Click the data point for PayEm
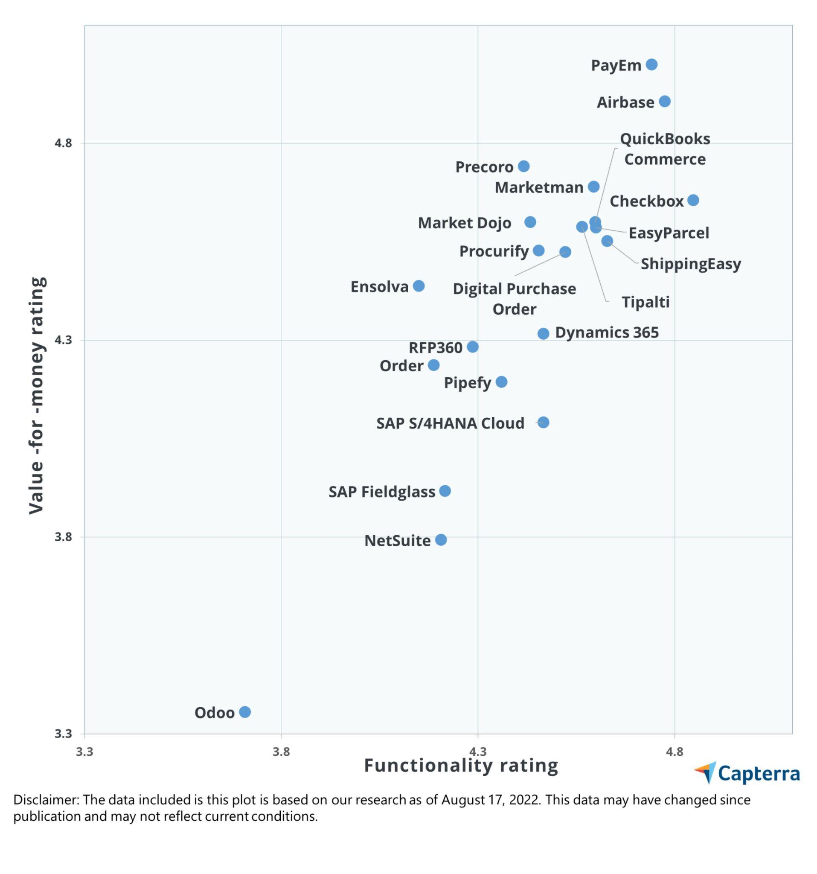coord(651,64)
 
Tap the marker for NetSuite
coord(441,539)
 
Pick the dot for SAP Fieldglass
coord(445,491)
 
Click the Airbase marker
coord(665,102)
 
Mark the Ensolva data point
coord(419,286)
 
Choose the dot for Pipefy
coord(501,382)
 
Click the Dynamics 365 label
coord(607,332)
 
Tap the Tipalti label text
coord(645,302)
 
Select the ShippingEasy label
coord(690,264)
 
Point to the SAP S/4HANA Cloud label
coord(450,423)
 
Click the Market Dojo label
coord(464,223)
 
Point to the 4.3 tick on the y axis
coord(62,340)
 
